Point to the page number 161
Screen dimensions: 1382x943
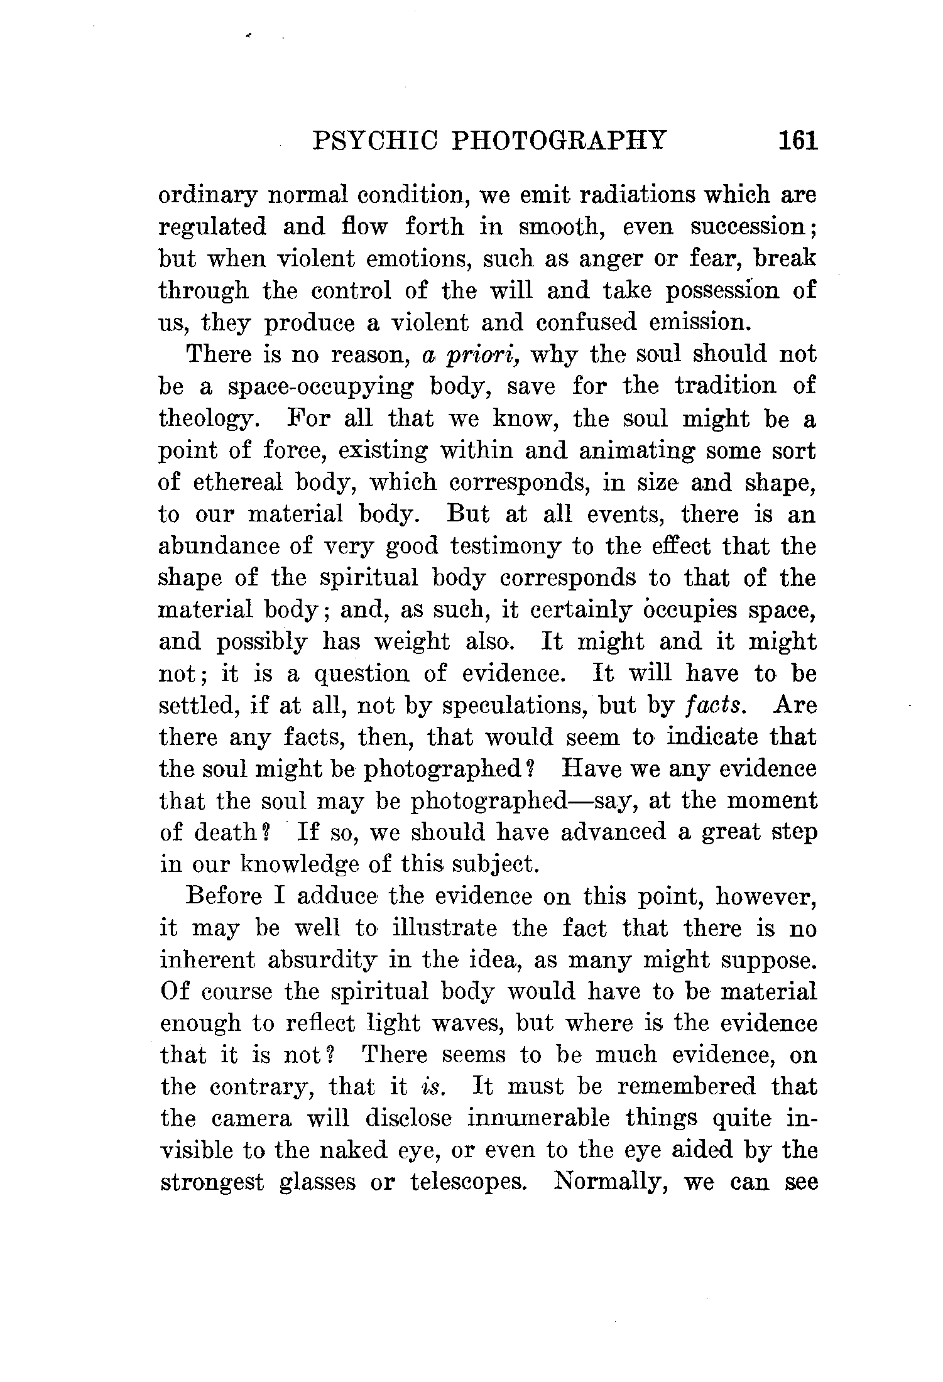pyautogui.click(x=797, y=140)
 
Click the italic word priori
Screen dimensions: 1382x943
pyautogui.click(x=482, y=356)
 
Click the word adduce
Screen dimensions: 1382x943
pyautogui.click(x=337, y=896)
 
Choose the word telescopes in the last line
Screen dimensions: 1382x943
pyautogui.click(x=468, y=1183)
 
